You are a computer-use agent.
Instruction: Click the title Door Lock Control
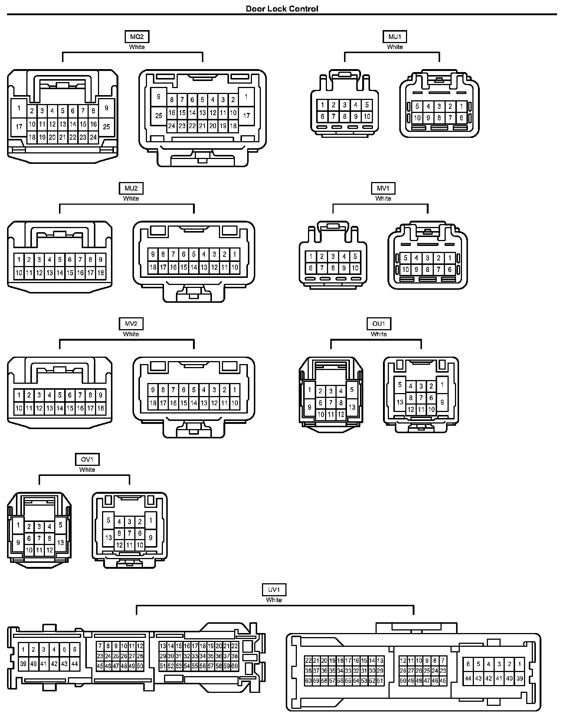tap(282, 9)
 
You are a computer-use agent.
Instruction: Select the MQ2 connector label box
tap(137, 37)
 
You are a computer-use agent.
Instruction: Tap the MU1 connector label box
tap(394, 37)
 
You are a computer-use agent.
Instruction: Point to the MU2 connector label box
tap(131, 188)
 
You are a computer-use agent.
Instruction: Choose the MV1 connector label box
tap(383, 188)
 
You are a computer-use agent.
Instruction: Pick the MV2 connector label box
tap(131, 324)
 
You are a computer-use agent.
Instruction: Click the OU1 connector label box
tap(379, 324)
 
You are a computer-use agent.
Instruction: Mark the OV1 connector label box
tap(87, 460)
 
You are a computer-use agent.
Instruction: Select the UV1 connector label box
tap(274, 590)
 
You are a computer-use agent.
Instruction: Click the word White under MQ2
tap(137, 47)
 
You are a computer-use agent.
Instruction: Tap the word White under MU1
tap(394, 47)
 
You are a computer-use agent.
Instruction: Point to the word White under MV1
tap(383, 199)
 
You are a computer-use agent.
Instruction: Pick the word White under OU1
tap(379, 334)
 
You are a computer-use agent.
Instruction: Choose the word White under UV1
tap(274, 600)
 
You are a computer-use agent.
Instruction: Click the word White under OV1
tap(87, 470)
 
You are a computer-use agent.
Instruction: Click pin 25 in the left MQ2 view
tap(106, 127)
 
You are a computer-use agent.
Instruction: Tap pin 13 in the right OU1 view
tap(400, 402)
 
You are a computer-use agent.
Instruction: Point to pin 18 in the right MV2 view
tap(153, 403)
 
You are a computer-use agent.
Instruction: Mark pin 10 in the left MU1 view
tap(367, 116)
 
